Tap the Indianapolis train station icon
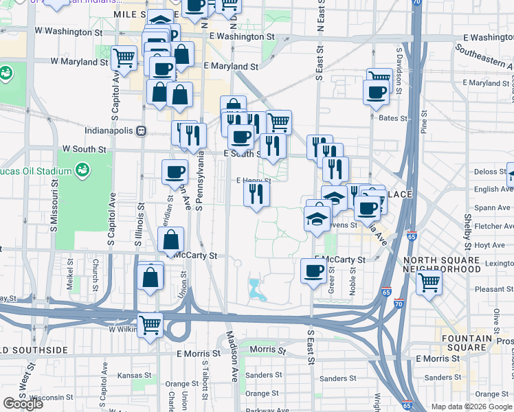coord(141,130)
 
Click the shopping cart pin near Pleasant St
coord(429,280)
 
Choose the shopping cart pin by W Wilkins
coord(149,325)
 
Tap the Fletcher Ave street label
coord(493,225)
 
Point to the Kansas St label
coord(134,376)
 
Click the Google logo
coord(22,404)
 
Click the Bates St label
coord(393,118)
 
